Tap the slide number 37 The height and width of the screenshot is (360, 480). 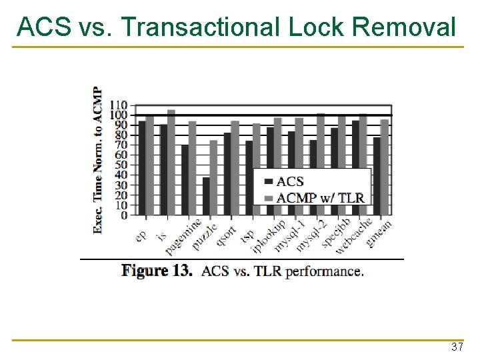[457, 347]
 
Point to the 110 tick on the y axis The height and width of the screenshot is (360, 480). [119, 105]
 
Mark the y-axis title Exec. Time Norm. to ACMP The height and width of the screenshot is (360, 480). [98, 160]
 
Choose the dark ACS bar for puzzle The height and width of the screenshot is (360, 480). [206, 196]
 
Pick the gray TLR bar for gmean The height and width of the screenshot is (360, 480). [384, 167]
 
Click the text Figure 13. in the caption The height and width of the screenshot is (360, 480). [157, 271]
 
